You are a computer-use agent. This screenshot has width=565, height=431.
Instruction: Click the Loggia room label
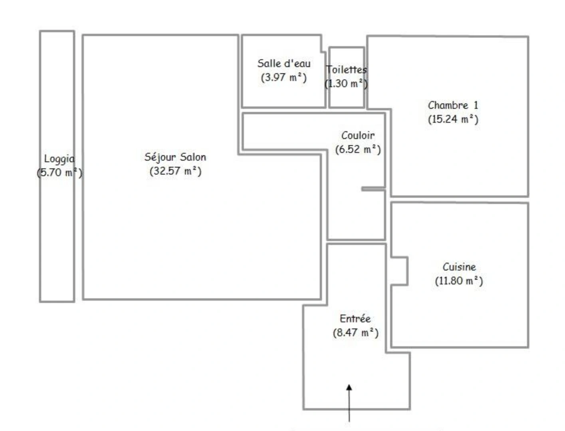coord(59,159)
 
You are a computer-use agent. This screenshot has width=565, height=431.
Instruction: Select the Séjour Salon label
coord(175,157)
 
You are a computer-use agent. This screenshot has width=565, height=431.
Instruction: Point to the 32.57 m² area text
coord(175,171)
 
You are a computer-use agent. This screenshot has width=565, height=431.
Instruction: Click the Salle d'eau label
coord(283,63)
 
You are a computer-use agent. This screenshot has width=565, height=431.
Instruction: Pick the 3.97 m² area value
coord(283,77)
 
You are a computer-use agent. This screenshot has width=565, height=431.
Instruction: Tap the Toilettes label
coord(346,70)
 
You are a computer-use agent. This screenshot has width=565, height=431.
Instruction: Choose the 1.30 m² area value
coord(346,84)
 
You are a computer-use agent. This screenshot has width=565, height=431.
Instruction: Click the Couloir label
coord(358,135)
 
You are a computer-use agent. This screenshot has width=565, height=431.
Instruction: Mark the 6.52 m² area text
coord(358,149)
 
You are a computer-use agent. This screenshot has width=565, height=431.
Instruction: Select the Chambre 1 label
coord(453,105)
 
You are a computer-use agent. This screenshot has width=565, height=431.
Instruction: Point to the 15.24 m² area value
coord(453,119)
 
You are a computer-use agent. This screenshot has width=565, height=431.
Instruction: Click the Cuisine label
coord(459,267)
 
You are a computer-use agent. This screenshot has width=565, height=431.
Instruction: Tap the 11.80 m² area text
coord(459,281)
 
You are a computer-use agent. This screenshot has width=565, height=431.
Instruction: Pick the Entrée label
coord(355,319)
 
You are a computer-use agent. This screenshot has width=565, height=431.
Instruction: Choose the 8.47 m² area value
coord(355,333)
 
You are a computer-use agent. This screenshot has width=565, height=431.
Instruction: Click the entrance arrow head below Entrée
coord(349,387)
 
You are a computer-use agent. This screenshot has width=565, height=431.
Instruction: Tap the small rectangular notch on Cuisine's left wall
coord(400,271)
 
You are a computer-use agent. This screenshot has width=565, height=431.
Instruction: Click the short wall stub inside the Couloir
coord(373,189)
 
